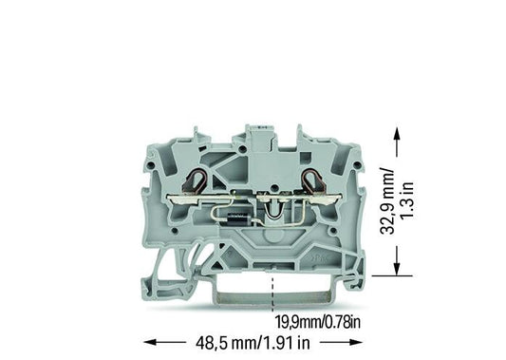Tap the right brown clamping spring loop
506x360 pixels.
click(312, 181)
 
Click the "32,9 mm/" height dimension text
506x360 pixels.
click(387, 200)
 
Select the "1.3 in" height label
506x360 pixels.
click(407, 200)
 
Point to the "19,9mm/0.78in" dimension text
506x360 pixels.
click(317, 322)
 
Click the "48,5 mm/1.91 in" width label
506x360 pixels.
click(253, 342)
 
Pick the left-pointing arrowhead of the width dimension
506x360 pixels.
click(151, 342)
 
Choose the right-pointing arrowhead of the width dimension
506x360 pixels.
click(355, 342)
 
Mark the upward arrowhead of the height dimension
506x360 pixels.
click(397, 134)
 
